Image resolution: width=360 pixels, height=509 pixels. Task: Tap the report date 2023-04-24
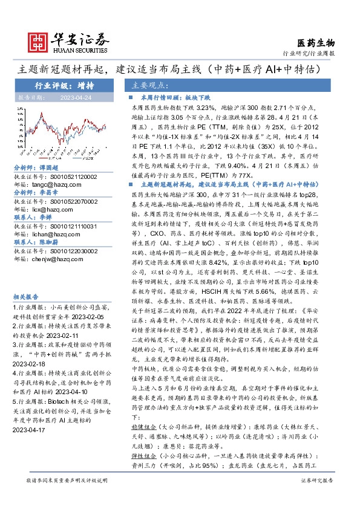point(76,97)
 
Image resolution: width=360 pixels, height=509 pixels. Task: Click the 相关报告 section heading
point(26,297)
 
